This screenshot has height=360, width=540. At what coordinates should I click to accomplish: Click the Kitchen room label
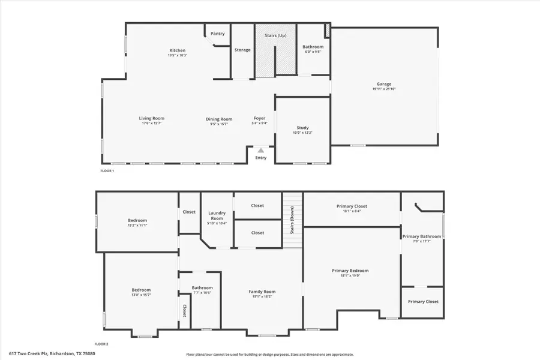click(177, 50)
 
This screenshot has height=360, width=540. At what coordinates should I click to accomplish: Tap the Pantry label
click(218, 34)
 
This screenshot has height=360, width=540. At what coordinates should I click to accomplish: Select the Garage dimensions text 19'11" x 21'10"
click(384, 89)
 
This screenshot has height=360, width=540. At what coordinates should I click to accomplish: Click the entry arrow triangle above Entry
click(261, 151)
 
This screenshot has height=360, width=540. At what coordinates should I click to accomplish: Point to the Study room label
click(302, 128)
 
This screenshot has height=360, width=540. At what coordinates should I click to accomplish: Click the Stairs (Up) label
click(276, 36)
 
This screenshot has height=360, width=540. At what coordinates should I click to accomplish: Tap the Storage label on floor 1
click(242, 50)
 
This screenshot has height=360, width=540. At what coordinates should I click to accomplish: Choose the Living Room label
click(152, 118)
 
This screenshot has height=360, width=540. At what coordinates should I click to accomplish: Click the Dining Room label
click(219, 119)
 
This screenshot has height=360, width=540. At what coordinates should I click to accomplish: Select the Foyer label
click(259, 119)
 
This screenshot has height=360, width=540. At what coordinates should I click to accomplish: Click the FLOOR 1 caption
click(107, 171)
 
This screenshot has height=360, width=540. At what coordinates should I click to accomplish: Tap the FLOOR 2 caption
click(101, 344)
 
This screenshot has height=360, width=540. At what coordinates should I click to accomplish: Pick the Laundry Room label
click(217, 214)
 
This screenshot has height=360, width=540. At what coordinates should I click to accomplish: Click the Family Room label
click(262, 292)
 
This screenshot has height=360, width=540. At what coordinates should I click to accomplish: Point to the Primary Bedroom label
click(350, 271)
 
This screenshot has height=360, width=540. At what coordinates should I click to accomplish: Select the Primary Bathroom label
click(422, 236)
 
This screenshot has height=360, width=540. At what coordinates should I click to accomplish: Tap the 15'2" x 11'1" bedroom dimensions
click(137, 225)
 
